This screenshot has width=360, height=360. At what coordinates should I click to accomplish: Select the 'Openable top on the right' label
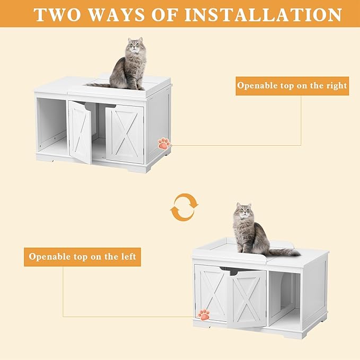pos(292,85)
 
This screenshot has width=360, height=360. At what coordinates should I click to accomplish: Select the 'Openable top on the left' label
pos(82,257)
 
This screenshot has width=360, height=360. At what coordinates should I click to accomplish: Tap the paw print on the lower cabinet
pos(203,314)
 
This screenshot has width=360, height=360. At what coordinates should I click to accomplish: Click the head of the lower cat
pos(243,212)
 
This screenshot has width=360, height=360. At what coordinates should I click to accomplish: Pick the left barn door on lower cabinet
pos(212,293)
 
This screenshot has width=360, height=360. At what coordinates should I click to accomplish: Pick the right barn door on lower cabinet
pos(247,298)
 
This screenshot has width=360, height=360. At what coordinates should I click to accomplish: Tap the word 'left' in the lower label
pos(127,257)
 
